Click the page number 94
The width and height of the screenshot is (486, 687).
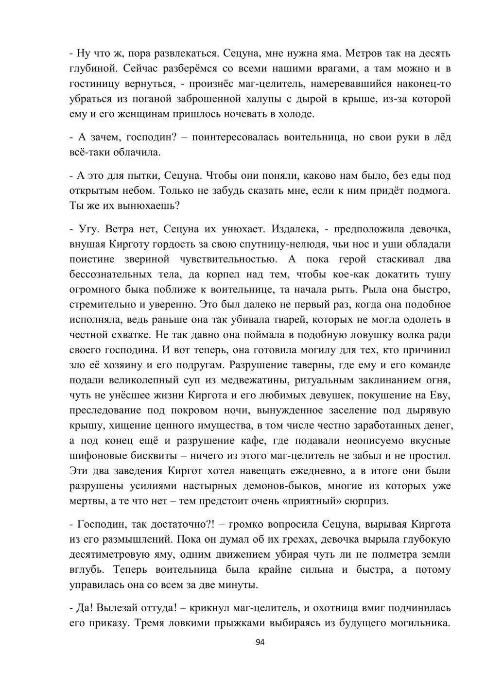click(x=260, y=642)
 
